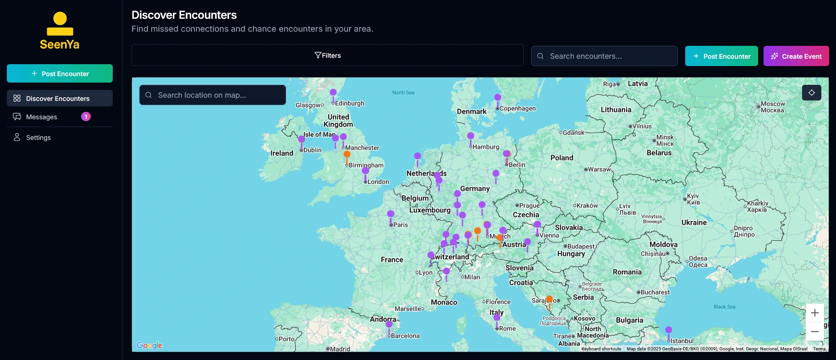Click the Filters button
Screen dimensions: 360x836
327,55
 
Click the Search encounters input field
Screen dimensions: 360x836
610,56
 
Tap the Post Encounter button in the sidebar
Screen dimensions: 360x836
60,73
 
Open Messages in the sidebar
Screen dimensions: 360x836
42,117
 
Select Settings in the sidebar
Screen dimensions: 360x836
38,138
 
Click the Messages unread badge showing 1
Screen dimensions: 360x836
86,116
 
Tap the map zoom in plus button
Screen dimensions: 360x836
814,313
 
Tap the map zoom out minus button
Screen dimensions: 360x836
814,332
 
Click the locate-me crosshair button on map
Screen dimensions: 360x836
811,93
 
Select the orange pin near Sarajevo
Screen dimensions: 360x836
549,300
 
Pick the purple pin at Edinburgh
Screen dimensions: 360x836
333,93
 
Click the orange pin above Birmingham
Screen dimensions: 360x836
347,155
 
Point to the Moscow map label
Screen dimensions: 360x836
773,107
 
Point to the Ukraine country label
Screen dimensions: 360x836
694,222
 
